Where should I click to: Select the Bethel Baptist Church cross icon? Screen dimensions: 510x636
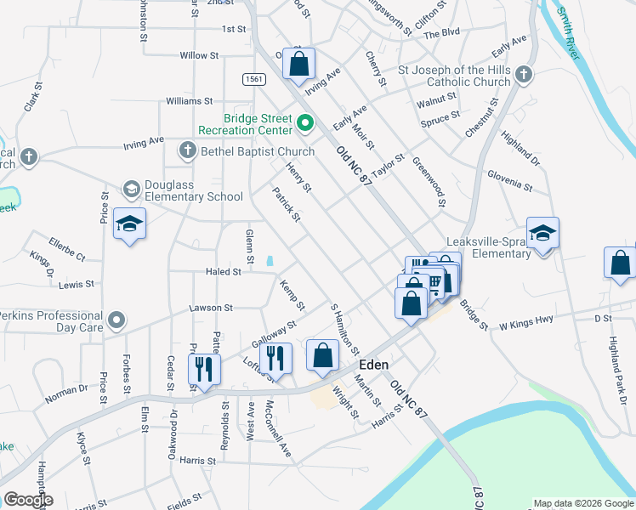pyautogui.click(x=187, y=151)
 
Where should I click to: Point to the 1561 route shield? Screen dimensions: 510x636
pyautogui.click(x=253, y=79)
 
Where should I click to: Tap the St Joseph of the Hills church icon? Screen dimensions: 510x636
pyautogui.click(x=524, y=75)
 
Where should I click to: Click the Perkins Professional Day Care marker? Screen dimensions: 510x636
pyautogui.click(x=116, y=320)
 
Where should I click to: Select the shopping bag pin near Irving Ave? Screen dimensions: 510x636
pyautogui.click(x=299, y=63)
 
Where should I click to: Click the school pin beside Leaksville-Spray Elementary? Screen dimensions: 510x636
pyautogui.click(x=542, y=232)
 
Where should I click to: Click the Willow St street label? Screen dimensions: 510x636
pyautogui.click(x=199, y=55)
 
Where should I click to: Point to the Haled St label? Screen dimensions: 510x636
pyautogui.click(x=224, y=272)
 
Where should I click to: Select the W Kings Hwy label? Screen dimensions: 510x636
pyautogui.click(x=525, y=324)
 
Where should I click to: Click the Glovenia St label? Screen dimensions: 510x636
pyautogui.click(x=510, y=181)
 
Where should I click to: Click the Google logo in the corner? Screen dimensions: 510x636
pyautogui.click(x=28, y=500)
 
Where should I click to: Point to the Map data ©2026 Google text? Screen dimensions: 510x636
pyautogui.click(x=583, y=503)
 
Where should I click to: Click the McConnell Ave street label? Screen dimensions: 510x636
pyautogui.click(x=279, y=429)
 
